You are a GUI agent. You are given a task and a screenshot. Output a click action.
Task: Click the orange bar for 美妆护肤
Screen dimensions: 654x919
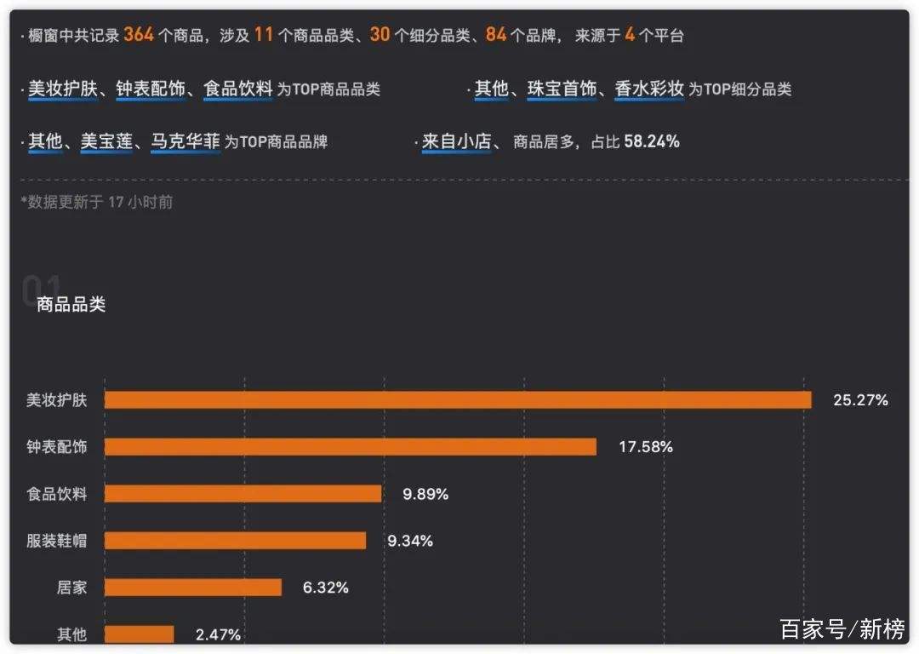click(x=458, y=400)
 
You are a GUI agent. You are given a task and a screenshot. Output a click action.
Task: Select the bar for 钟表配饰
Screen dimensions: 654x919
click(x=351, y=447)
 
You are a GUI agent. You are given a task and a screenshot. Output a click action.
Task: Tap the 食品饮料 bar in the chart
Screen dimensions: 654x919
click(x=243, y=494)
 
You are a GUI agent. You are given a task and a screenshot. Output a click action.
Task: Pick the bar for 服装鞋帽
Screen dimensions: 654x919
click(x=235, y=541)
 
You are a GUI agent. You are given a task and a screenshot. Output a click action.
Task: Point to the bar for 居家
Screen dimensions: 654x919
click(x=193, y=588)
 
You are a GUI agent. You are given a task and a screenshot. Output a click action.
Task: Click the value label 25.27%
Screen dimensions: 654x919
click(x=860, y=400)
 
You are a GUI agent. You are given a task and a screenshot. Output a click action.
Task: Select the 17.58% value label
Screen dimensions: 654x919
click(x=645, y=447)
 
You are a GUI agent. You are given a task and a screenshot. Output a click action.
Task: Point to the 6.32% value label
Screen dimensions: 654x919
click(x=325, y=588)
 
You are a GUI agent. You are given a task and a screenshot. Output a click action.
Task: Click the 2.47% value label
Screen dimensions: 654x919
click(x=218, y=634)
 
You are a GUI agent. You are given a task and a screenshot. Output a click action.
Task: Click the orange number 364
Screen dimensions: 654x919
click(x=139, y=35)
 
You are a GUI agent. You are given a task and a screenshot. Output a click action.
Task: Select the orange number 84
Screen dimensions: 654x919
click(x=496, y=35)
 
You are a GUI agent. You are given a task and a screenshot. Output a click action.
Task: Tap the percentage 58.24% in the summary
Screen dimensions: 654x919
click(x=652, y=142)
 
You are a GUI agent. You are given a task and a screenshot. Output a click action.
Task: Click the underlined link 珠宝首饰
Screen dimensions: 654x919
click(x=562, y=89)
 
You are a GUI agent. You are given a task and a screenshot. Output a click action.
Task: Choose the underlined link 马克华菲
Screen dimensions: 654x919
click(x=186, y=142)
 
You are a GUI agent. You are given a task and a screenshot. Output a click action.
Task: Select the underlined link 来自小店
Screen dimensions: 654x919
click(x=456, y=142)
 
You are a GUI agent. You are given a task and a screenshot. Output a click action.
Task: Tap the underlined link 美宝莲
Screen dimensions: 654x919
click(x=106, y=142)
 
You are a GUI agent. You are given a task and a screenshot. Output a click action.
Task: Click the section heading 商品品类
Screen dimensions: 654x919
click(x=71, y=305)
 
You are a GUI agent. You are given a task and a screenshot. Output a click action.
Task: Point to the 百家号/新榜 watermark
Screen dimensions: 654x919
click(x=842, y=629)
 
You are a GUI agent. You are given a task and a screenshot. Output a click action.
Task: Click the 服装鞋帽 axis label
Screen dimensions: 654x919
click(x=56, y=541)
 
